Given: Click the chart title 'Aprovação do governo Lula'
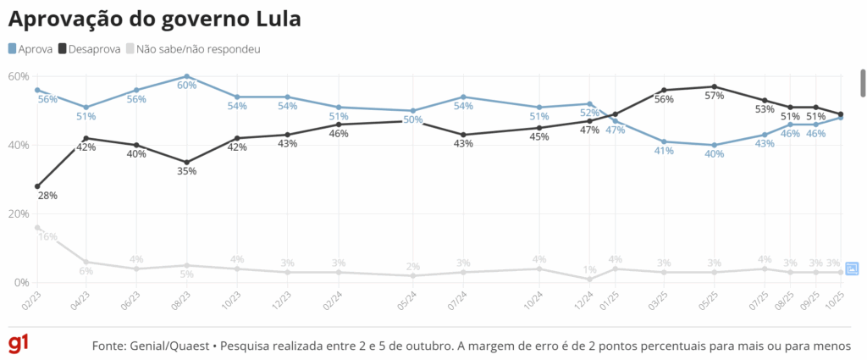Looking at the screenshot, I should (155, 19).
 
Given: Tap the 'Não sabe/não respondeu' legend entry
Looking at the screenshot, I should (192, 48).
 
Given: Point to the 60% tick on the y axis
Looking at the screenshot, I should (19, 76).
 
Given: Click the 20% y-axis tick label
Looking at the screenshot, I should (19, 213).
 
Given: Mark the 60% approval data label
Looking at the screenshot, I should (186, 86).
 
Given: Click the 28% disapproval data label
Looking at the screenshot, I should (47, 196).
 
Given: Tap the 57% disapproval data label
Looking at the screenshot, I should (715, 96).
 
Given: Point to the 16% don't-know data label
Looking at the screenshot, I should (47, 237).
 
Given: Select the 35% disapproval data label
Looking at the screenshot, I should (186, 171).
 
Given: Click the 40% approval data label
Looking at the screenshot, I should (715, 154).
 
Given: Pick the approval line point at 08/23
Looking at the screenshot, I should (186, 76).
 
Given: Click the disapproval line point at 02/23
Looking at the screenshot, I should (37, 186).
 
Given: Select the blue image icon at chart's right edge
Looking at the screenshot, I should (852, 269).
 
